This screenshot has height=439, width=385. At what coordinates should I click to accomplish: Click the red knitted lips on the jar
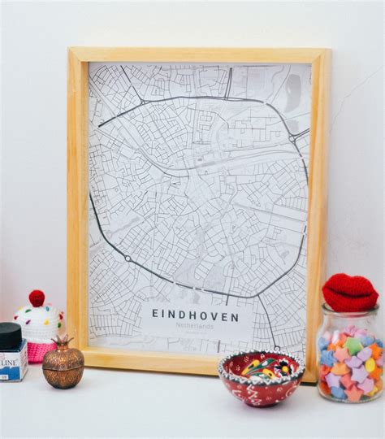[x=349, y=292]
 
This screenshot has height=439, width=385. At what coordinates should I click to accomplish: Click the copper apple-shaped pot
[x=63, y=365]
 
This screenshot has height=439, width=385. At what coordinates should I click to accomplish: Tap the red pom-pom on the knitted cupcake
[x=37, y=298]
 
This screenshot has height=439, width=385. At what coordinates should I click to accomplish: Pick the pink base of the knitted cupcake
[x=41, y=350]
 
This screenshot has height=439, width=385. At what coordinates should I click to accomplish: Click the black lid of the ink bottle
[x=10, y=335]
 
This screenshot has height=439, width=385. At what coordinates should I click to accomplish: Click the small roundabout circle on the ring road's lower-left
[x=127, y=259]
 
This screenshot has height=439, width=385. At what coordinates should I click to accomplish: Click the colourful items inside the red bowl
[x=262, y=365]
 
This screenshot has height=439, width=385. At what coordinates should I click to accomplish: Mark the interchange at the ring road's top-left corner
[x=143, y=102]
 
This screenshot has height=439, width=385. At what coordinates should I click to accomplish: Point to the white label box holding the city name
[x=195, y=321]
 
